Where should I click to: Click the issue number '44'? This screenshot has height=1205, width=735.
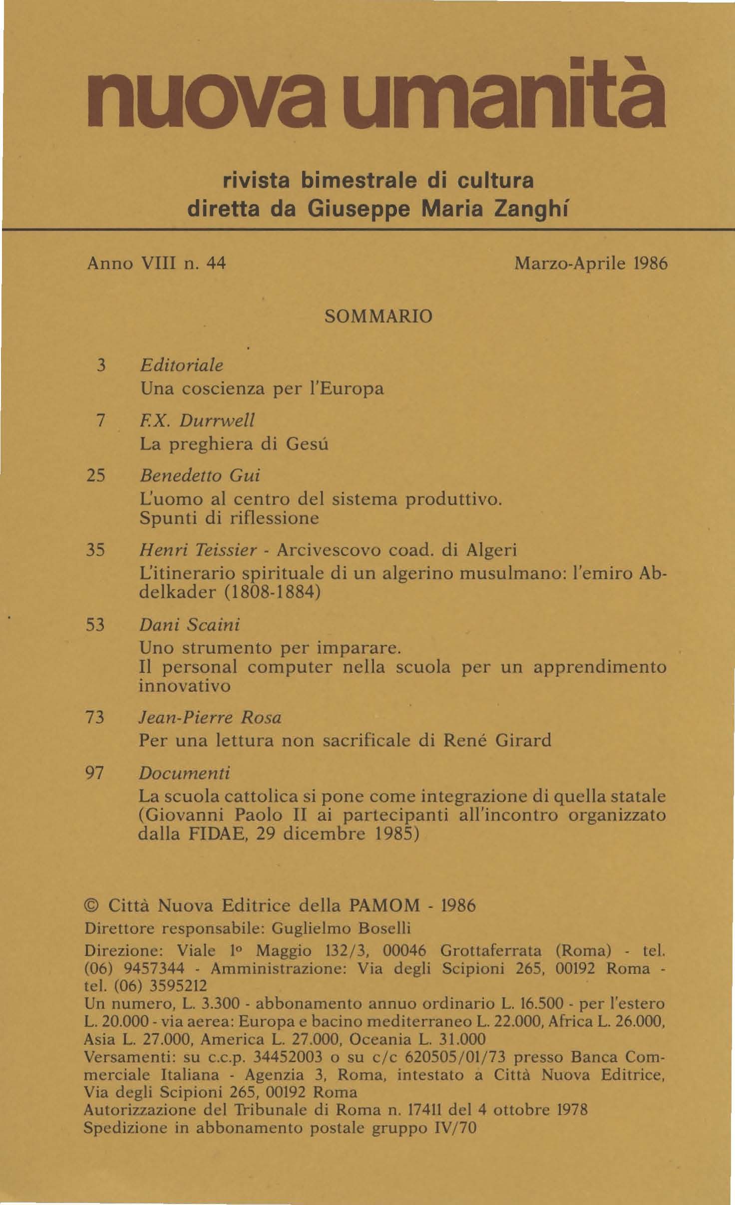[x=216, y=263]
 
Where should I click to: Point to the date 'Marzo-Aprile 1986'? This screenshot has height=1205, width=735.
[x=591, y=263]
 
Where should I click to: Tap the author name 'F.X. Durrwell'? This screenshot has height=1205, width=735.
[x=197, y=421]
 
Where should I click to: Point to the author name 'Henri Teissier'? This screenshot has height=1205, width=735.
[x=198, y=551]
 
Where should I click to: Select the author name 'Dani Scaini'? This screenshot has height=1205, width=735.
[x=189, y=624]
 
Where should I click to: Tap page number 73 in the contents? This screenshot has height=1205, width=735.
[x=95, y=717]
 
